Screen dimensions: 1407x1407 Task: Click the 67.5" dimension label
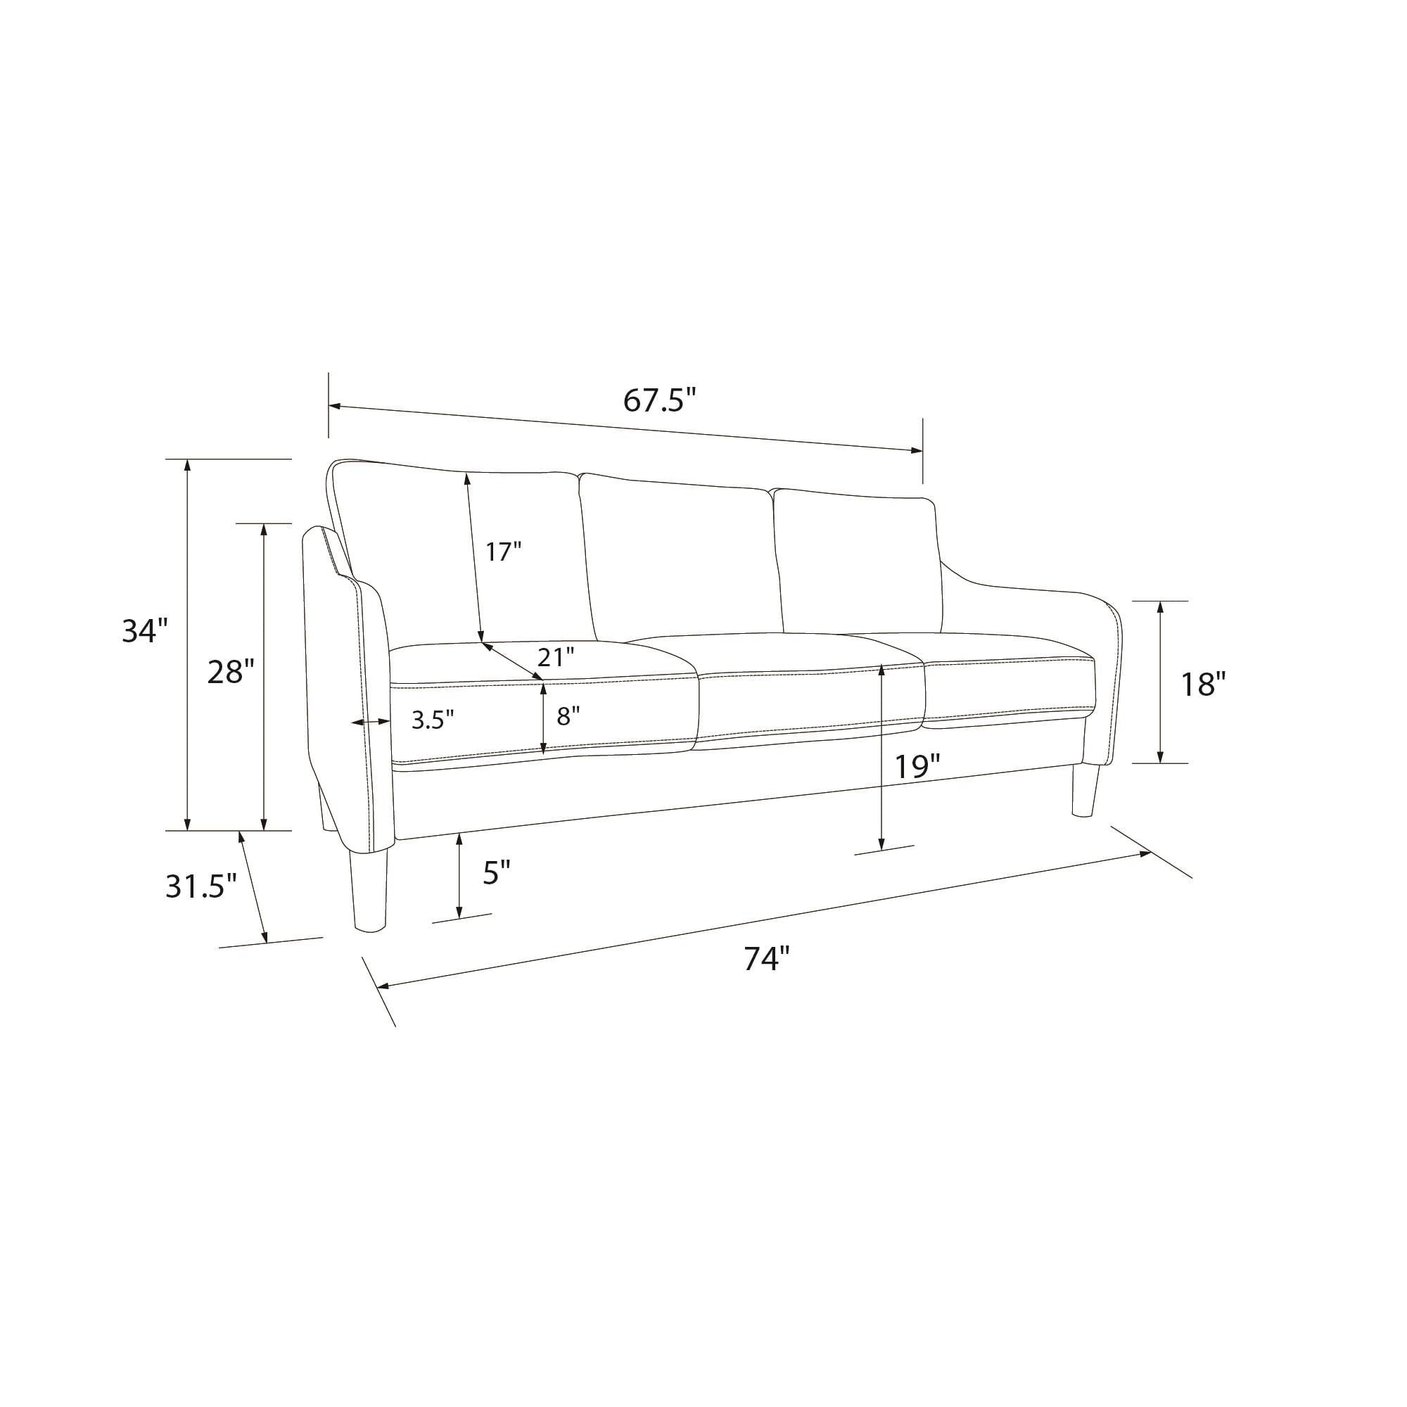point(660,400)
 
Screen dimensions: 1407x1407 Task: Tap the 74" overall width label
point(767,958)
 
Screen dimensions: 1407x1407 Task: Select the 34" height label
point(145,630)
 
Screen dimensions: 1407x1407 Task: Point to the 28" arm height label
point(231,671)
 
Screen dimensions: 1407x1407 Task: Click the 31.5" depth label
point(202,886)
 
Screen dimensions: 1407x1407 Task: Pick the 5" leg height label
point(497,872)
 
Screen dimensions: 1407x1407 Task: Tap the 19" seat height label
point(917,767)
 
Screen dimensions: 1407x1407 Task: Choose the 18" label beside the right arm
point(1204,684)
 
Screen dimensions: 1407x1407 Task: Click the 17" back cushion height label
point(504,552)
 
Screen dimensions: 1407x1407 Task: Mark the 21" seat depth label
point(556,657)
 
